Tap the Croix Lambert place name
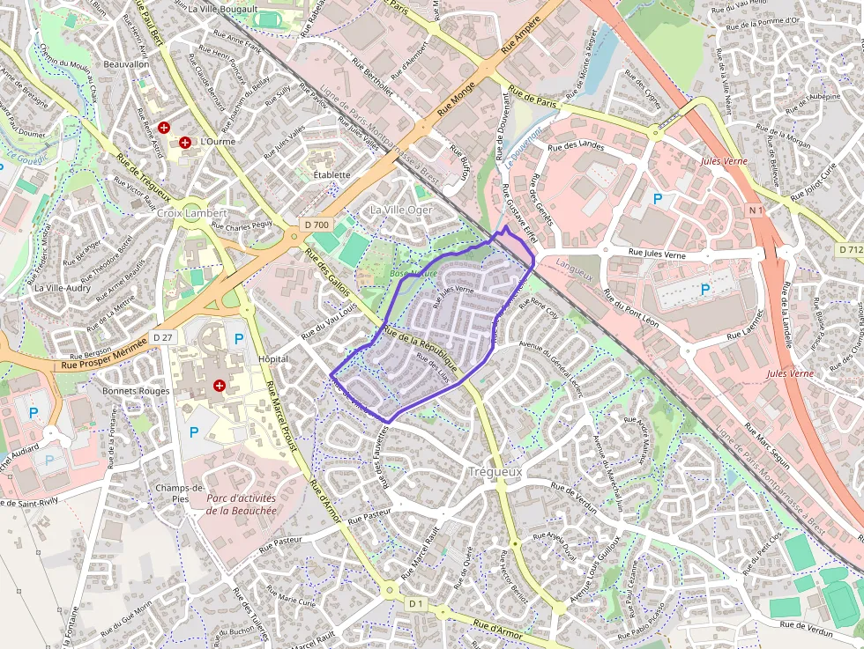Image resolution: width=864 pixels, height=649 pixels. coord(191,213)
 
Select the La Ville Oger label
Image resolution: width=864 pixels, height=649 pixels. coord(401,210)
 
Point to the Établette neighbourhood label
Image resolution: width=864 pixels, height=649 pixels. coord(331,175)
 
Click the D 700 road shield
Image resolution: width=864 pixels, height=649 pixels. coord(316,225)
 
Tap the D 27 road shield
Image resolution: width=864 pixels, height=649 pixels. coord(163,337)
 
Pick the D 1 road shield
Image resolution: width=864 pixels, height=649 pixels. coord(417,603)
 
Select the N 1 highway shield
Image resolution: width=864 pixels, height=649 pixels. coord(755,210)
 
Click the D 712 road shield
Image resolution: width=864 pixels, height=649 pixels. coord(851,250)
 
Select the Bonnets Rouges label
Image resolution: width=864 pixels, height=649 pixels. coord(136,390)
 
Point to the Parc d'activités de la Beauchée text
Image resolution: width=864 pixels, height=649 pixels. coord(241,504)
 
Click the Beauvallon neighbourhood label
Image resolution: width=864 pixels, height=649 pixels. coord(126,64)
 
